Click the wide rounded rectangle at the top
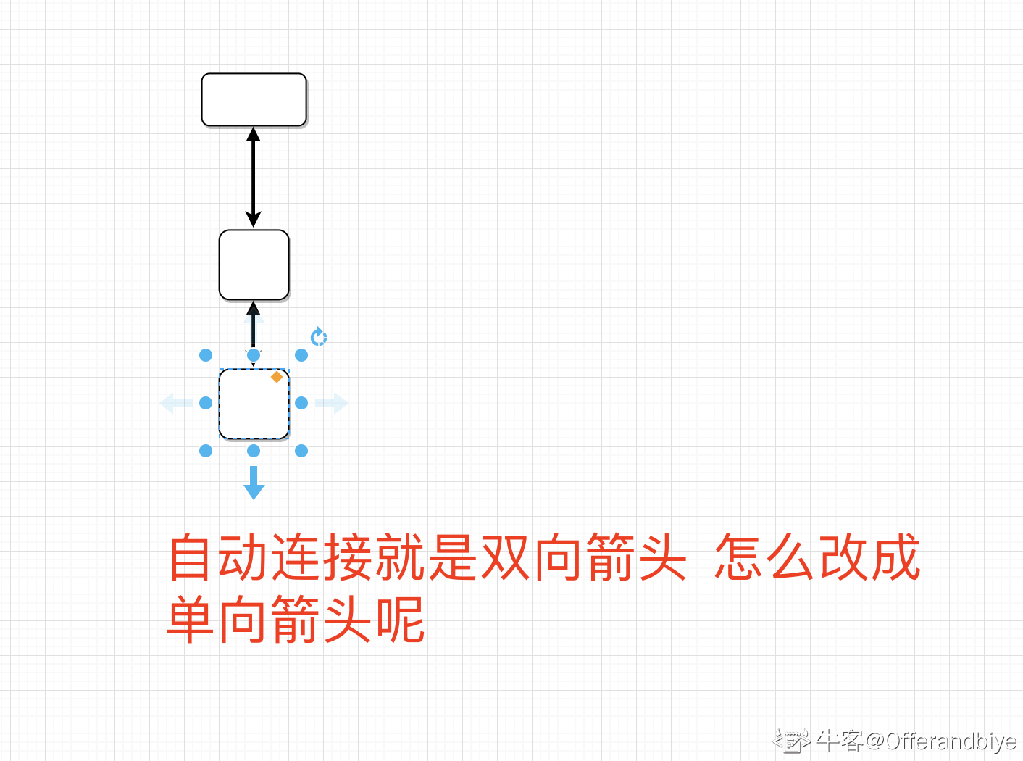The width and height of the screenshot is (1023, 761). point(254,99)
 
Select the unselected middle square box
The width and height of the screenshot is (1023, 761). point(254,265)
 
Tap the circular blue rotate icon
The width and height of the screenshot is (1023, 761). point(319,337)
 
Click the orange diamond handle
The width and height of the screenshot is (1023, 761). point(277,377)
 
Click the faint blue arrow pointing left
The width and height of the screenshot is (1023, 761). point(175,403)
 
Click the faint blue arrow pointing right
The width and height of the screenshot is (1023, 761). point(333,403)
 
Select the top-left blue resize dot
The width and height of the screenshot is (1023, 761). point(206,355)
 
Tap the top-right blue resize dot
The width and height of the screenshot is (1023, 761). point(301,355)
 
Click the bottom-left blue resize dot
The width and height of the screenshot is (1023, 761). point(206,451)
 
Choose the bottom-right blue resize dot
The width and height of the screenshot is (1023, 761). point(301,451)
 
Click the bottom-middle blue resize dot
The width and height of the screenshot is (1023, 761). point(254,451)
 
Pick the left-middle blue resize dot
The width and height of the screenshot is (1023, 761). point(206,403)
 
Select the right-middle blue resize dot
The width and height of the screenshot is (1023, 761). point(301,403)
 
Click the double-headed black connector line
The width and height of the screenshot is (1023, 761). point(253,178)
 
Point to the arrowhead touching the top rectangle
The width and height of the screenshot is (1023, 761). point(253,134)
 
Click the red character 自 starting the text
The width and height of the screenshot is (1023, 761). point(192,557)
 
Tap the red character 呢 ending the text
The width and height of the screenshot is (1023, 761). point(399,620)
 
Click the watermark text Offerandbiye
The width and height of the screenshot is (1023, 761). point(951,741)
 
